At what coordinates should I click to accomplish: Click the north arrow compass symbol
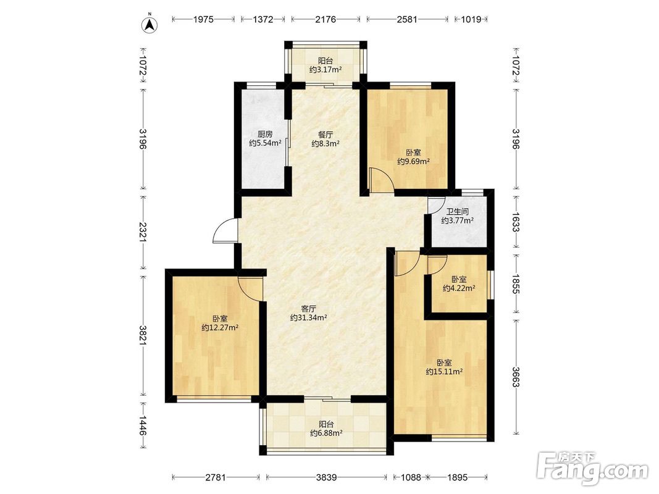149,24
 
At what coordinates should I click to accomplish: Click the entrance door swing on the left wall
225,230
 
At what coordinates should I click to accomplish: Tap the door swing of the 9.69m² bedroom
380,179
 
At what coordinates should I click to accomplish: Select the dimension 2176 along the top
325,19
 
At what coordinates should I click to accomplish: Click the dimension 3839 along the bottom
327,477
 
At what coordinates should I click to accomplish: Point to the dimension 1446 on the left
143,426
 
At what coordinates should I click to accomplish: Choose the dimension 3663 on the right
516,377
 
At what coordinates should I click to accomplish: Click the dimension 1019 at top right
471,19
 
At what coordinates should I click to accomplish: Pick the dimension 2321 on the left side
143,232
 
